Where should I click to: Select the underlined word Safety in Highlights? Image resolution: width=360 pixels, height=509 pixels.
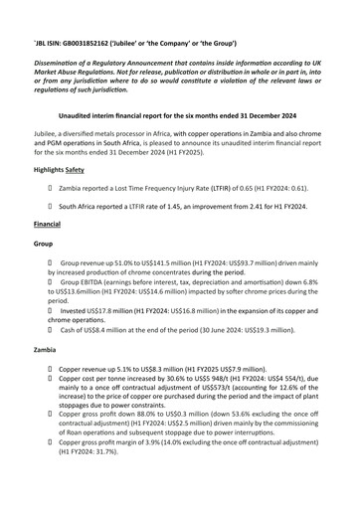(x=85, y=171)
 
